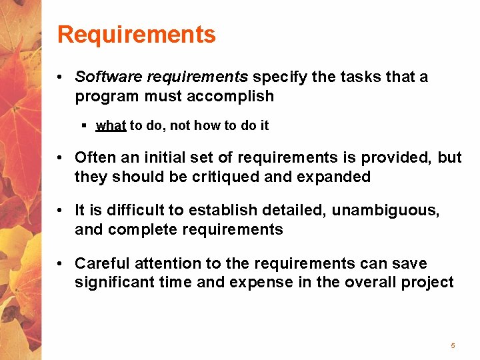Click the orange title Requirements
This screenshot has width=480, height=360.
(x=137, y=34)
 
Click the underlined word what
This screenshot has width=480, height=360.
(x=111, y=125)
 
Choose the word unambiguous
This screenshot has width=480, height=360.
(x=385, y=211)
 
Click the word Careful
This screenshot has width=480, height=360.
(x=99, y=263)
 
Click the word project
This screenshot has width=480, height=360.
(x=427, y=283)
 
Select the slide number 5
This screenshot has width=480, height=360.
(x=453, y=345)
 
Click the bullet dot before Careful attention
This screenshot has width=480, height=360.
(x=60, y=264)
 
